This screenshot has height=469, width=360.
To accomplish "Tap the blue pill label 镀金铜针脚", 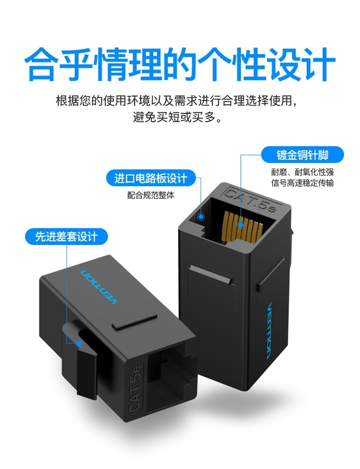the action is coord(302,155).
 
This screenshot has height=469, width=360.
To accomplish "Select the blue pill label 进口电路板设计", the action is coord(151,178).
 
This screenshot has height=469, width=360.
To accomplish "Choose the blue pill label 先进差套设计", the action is coord(66,236).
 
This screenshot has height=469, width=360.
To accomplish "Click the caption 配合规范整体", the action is coord(151,195).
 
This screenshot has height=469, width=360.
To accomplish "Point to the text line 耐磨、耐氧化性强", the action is coord(302,172).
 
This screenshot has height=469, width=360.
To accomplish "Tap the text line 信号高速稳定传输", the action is coord(302,183).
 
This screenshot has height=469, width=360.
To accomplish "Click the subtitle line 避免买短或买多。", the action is coord(178,117).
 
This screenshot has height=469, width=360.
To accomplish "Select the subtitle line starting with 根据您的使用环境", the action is coord(178,101).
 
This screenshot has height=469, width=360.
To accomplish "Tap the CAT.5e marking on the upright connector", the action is coord(250,199).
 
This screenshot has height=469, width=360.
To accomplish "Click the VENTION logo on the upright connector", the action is coord(269,330).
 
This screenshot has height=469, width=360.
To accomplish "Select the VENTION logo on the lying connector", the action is coord(98,287).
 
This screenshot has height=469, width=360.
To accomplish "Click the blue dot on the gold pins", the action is coord(240,225).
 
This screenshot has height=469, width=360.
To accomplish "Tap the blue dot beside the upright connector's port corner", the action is coord(201,217).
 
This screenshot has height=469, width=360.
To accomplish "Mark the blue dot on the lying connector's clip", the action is coord(79,343).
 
